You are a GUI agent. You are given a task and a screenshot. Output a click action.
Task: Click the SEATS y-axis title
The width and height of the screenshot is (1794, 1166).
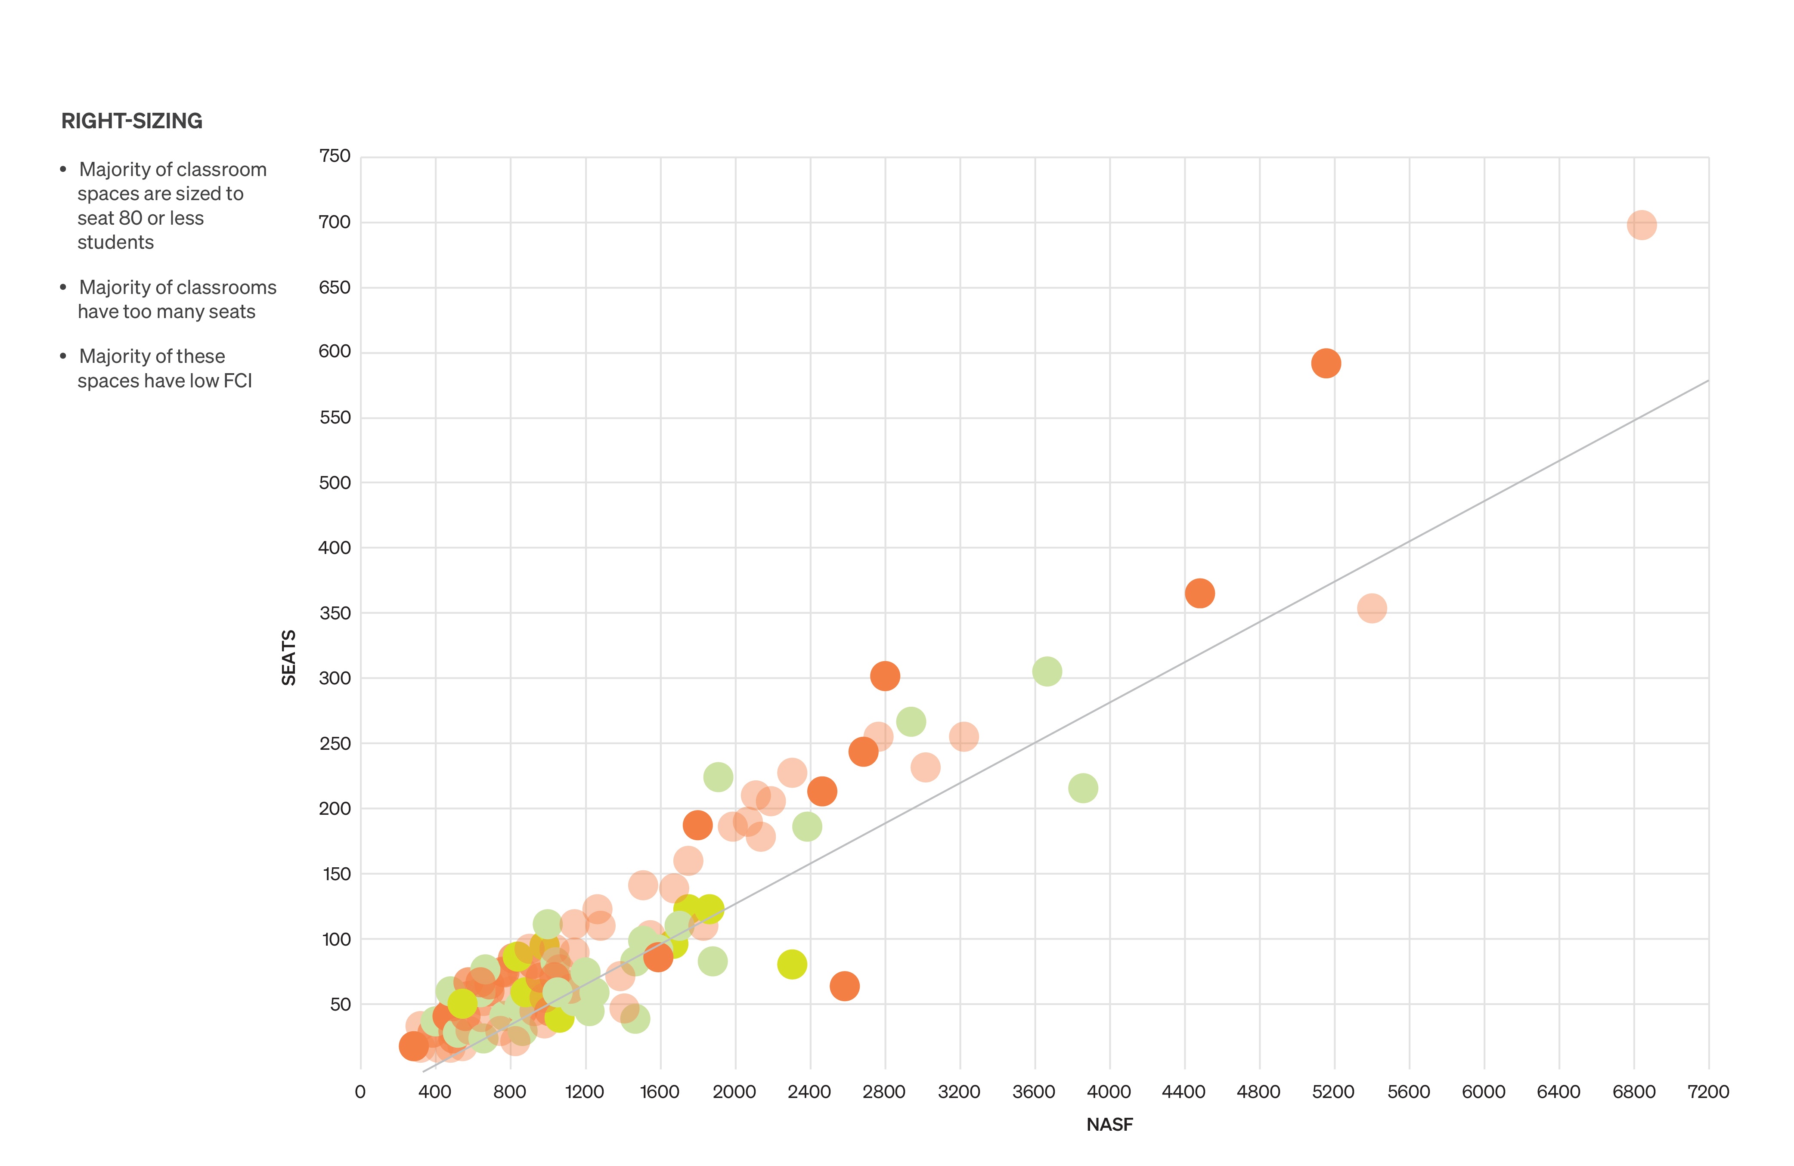[289, 657]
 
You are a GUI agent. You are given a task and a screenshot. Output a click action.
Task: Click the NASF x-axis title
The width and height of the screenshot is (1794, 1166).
[1109, 1125]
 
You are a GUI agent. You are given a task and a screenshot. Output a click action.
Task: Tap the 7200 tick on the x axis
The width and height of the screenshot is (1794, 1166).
[1708, 1092]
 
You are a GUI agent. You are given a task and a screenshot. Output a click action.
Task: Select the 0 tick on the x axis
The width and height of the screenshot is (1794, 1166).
[360, 1092]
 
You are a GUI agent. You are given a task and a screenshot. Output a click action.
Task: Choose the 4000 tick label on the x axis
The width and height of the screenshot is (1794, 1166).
[1109, 1092]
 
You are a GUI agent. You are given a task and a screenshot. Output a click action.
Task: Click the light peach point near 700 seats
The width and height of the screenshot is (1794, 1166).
[1641, 225]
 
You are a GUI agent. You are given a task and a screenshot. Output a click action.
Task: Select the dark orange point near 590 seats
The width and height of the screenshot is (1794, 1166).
[1326, 363]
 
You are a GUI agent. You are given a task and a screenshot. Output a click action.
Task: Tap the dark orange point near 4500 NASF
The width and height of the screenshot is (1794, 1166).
[1199, 593]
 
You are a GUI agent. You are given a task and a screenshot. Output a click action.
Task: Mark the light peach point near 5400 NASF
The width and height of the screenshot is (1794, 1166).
[1372, 608]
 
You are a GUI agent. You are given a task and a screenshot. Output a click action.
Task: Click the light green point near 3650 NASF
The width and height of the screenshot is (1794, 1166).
[1047, 671]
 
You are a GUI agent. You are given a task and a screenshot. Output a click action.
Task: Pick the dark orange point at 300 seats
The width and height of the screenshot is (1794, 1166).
[885, 676]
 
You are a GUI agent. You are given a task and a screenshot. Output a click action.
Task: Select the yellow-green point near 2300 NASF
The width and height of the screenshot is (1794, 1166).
[791, 964]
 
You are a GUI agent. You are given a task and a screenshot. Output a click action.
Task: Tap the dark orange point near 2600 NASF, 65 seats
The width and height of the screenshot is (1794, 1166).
[844, 986]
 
